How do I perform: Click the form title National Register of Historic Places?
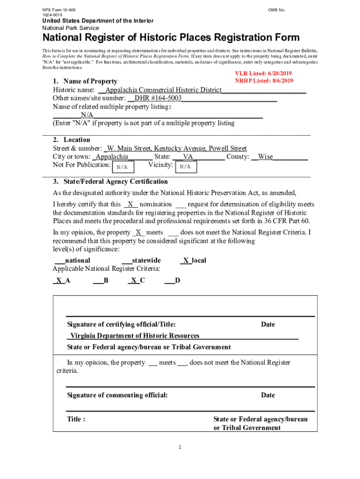(171, 38)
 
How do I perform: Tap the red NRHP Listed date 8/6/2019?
(278, 80)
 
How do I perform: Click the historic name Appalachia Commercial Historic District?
(163, 90)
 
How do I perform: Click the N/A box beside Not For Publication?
(122, 167)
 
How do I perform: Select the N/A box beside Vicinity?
(185, 167)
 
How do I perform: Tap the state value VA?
(188, 157)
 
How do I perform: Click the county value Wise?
(266, 157)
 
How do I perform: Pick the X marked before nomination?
(130, 204)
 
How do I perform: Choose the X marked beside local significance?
(186, 261)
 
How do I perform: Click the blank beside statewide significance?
(126, 261)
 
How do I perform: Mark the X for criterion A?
(58, 281)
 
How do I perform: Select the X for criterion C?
(134, 281)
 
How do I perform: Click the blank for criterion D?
(169, 281)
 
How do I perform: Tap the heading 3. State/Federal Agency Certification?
(110, 181)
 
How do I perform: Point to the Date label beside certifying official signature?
(268, 325)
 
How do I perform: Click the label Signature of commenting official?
(117, 395)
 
